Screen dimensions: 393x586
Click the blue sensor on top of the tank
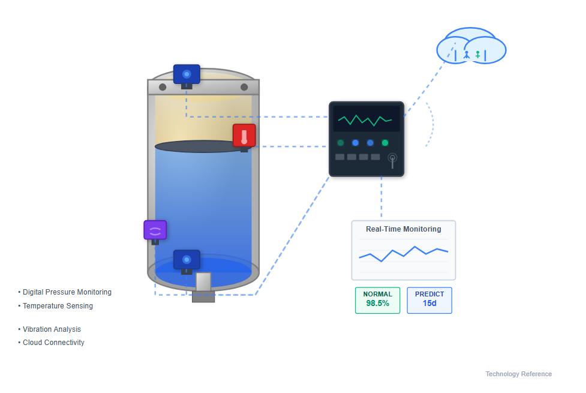(x=187, y=74)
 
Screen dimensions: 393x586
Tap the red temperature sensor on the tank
(x=244, y=136)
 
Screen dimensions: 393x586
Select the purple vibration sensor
(x=155, y=230)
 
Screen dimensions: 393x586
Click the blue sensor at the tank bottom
(x=187, y=260)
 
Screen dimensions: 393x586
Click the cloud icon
(x=471, y=47)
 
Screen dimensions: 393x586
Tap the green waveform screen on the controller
(x=366, y=119)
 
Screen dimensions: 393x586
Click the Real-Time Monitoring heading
(x=403, y=229)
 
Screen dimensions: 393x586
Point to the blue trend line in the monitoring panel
(x=403, y=253)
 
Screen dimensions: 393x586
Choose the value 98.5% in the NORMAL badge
(x=377, y=304)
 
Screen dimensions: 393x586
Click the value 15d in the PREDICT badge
(x=429, y=304)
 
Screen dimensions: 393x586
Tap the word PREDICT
(x=429, y=294)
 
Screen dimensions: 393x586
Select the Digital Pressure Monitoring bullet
(x=67, y=292)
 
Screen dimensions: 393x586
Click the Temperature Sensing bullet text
(x=58, y=306)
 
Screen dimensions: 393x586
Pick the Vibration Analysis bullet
(x=52, y=329)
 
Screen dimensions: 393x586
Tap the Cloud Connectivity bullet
(x=53, y=343)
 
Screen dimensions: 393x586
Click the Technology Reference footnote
(x=518, y=374)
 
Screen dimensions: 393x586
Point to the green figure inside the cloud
(x=477, y=55)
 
